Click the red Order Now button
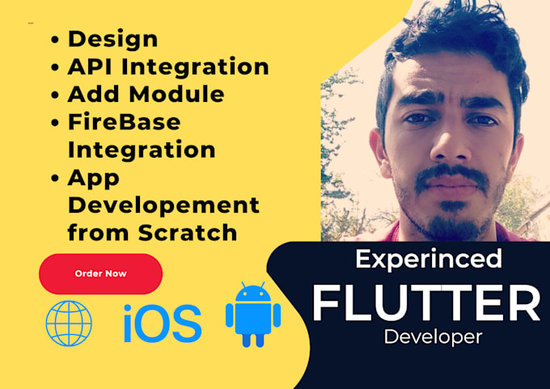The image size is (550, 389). pos(100,273)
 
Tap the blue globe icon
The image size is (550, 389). pos(69,323)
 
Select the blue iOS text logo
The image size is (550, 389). pos(163,323)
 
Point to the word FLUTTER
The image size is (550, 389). pos(426,303)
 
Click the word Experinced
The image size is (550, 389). pos(429,259)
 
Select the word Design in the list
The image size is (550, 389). pos(112,39)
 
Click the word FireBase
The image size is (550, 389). pos(124,122)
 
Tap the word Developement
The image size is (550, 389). pos(163,205)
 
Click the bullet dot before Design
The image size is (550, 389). pos(56,40)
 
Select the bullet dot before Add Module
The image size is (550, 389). pos(56,95)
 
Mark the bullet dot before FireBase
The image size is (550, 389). pos(56,123)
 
